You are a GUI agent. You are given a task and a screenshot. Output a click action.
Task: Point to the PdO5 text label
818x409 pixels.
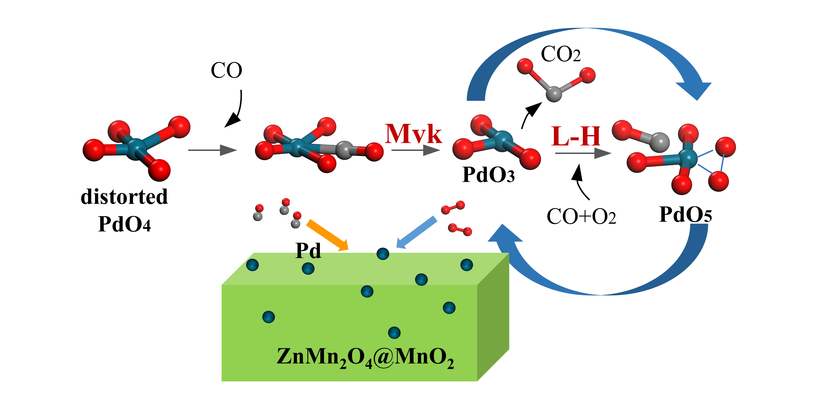point(685,215)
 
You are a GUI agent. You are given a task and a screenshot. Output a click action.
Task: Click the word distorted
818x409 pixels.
point(124,197)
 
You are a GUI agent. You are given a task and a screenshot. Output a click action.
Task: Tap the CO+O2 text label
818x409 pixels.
point(581,217)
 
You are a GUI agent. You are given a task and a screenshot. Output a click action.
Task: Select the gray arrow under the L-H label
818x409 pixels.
point(583,154)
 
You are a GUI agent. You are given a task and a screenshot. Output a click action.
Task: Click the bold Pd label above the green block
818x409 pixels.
point(308,251)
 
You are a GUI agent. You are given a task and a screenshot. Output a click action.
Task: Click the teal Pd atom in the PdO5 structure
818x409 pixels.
point(688,157)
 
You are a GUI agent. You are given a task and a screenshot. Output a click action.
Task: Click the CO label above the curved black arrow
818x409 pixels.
point(226,71)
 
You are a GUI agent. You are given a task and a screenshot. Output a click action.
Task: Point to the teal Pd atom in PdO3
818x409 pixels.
point(503,140)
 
